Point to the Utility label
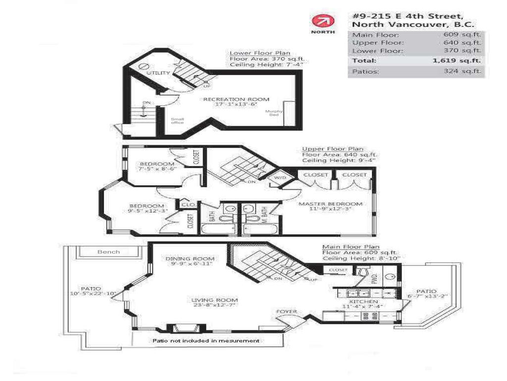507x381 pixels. (x=158, y=73)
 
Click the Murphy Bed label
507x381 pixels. (x=274, y=114)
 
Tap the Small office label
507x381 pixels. (x=177, y=121)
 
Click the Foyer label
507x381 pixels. (x=287, y=312)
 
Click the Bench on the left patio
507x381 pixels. (x=108, y=252)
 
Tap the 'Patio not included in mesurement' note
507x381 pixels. (x=205, y=341)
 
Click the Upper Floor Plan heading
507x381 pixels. (x=333, y=149)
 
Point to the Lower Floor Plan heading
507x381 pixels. (x=260, y=53)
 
